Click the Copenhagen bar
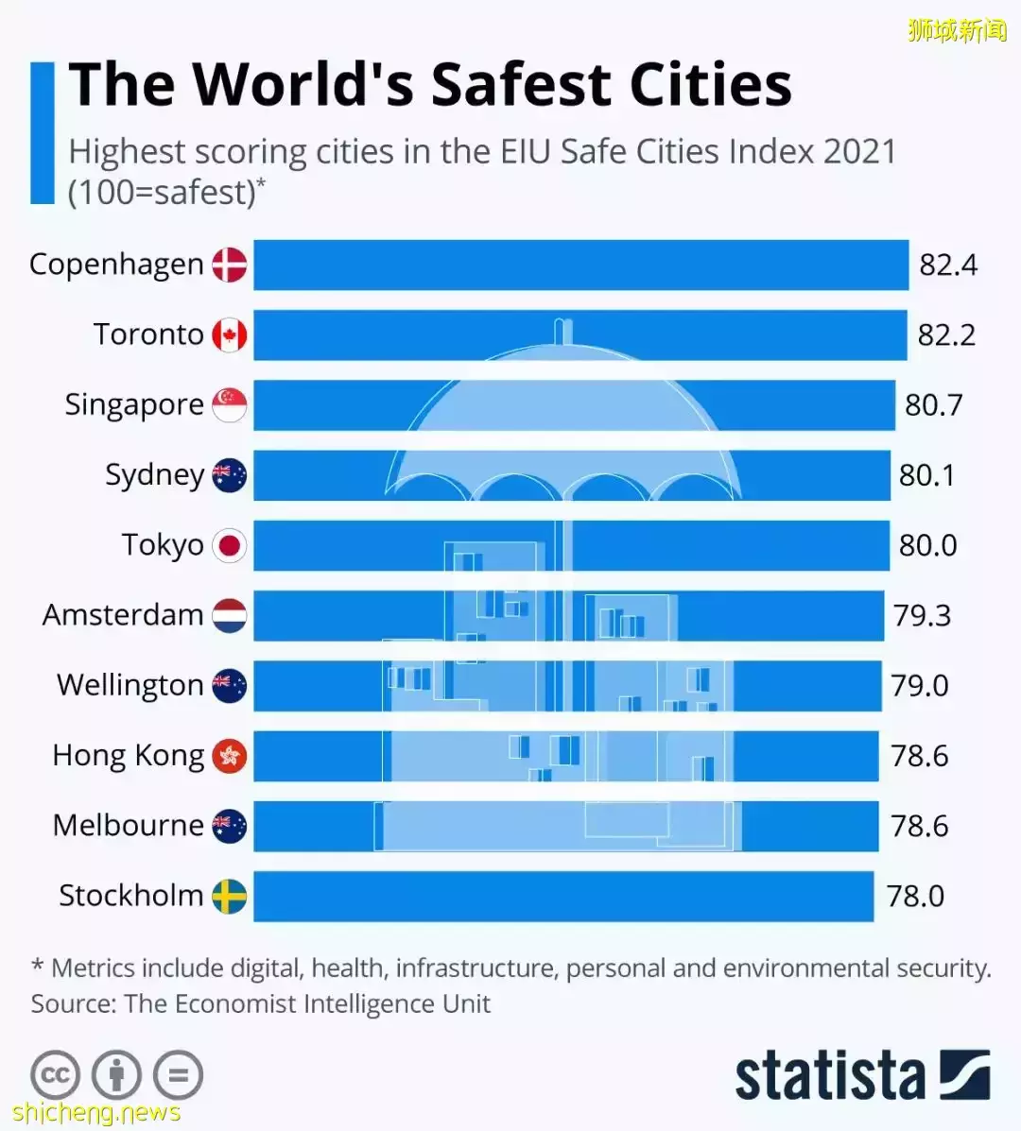pos(580,265)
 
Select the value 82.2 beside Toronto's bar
pos(946,334)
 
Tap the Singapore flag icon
pos(230,404)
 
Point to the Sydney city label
pos(154,474)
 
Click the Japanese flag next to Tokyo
pos(230,545)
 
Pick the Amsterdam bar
pos(568,615)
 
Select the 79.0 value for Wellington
pos(919,685)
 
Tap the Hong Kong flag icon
pos(230,756)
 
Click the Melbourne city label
pos(128,825)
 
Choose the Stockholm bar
pos(563,896)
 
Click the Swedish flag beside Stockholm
pos(230,896)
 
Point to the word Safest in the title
pos(521,85)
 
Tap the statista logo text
pos(829,1075)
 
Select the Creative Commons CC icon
pos(55,1075)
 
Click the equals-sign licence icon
pos(178,1075)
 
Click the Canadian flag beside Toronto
pos(230,334)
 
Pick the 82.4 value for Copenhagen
pos(948,265)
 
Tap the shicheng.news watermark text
pos(96,1113)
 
